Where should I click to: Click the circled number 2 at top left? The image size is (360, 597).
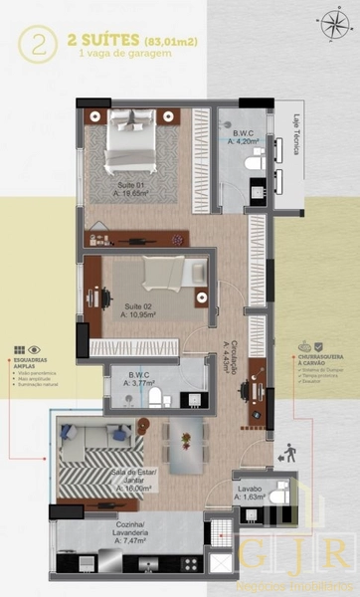[x=41, y=45]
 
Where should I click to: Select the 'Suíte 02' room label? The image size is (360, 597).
[x=139, y=306]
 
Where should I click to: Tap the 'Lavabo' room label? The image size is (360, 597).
[x=250, y=489]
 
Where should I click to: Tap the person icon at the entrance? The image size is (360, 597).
[x=288, y=453]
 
